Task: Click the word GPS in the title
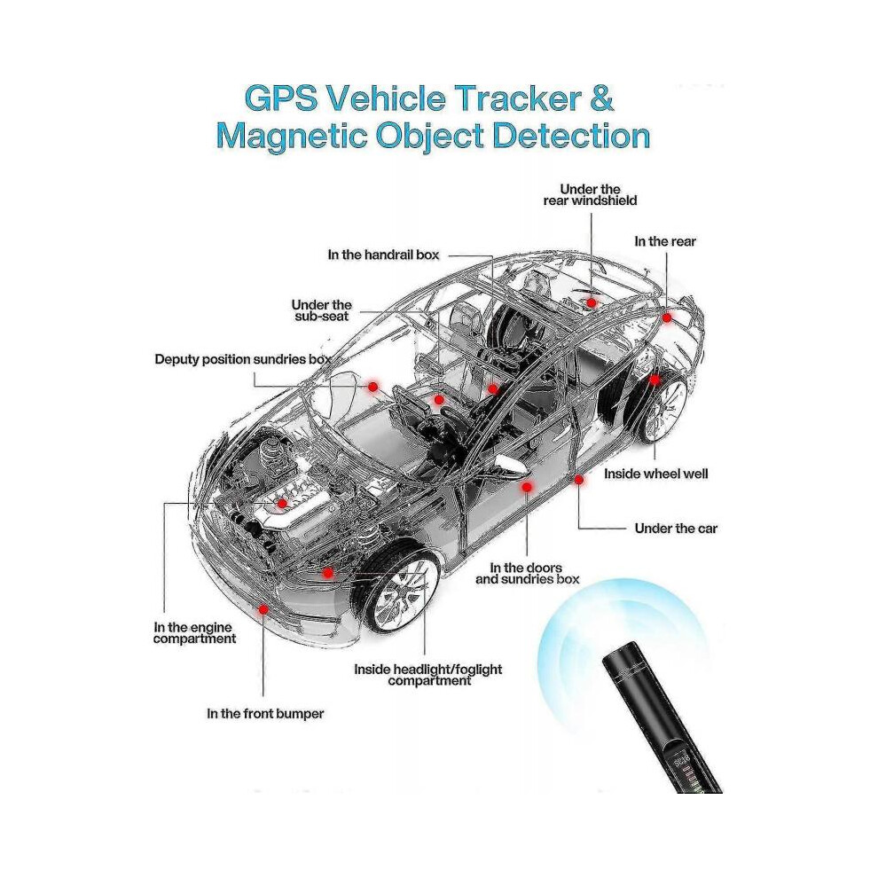[x=281, y=98]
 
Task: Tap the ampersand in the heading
[x=602, y=98]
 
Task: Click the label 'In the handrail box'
[x=383, y=255]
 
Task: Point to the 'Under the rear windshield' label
[x=590, y=195]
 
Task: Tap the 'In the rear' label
[x=664, y=241]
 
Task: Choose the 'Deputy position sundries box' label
[x=243, y=359]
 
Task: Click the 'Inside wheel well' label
[x=655, y=474]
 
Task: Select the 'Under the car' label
[x=676, y=528]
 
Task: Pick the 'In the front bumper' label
[x=265, y=713]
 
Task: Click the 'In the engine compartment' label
[x=194, y=632]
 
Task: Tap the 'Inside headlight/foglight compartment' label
[x=428, y=675]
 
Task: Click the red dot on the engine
[x=282, y=504]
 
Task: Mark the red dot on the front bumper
[x=263, y=609]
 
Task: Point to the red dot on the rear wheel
[x=655, y=380]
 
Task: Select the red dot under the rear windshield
[x=591, y=303]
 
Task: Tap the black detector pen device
[x=661, y=717]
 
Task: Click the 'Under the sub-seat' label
[x=321, y=310]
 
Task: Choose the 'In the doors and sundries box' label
[x=527, y=574]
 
